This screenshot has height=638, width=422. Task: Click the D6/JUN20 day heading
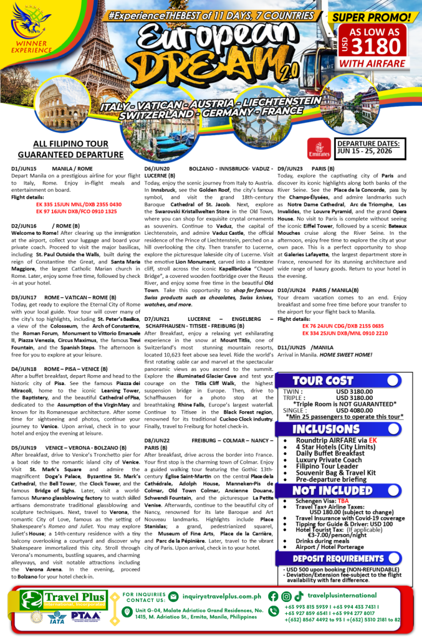point(158,169)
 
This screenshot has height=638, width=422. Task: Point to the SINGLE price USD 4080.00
point(358,410)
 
